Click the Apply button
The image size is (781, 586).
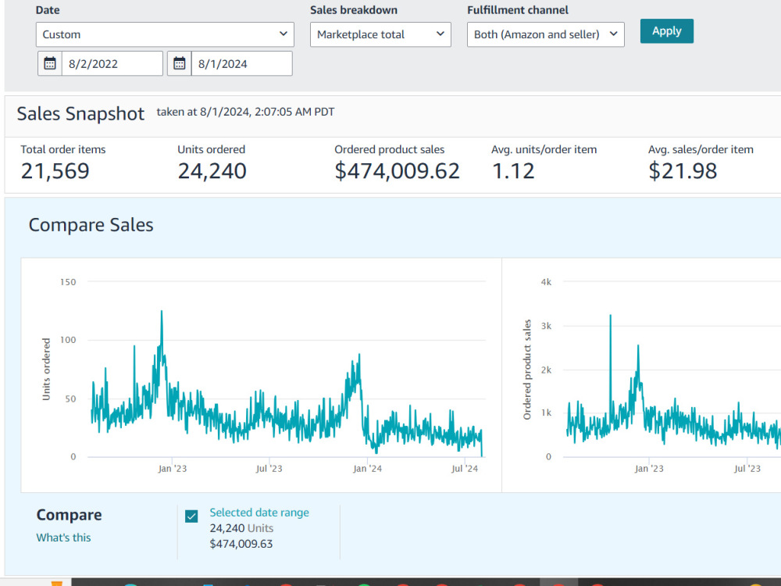pos(666,31)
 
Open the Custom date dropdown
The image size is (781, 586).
pos(165,34)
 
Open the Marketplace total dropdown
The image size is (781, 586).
pos(380,34)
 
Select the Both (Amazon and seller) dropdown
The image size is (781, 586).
pos(545,34)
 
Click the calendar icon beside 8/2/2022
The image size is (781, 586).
pos(50,63)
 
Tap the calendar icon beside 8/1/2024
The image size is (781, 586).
pos(180,63)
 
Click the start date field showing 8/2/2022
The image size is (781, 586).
pos(112,63)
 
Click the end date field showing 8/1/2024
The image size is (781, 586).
pos(241,63)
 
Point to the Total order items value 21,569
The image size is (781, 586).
pos(55,171)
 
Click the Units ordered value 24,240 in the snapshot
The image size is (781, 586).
pos(212,171)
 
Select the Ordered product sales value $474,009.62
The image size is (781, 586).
pos(397,171)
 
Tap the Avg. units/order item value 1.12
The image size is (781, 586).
pos(513,171)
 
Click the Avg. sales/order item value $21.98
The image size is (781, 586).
pos(683,171)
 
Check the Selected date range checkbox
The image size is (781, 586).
pos(191,516)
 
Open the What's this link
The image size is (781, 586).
pos(63,538)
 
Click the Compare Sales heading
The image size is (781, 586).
pos(91,225)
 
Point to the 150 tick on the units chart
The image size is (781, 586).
pos(68,282)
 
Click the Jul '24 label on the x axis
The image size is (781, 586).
pos(465,468)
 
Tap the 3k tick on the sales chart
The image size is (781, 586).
pos(547,326)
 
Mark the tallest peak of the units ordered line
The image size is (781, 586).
pos(162,312)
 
